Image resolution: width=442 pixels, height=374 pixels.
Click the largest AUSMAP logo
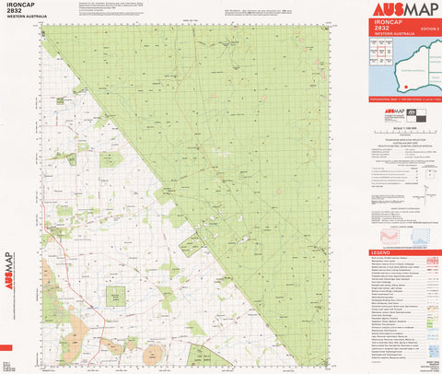pos(401,10)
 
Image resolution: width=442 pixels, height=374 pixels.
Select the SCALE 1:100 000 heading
pos(401,126)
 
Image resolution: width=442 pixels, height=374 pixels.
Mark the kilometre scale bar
pos(402,134)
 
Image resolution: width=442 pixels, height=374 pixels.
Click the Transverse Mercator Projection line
pos(402,151)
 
